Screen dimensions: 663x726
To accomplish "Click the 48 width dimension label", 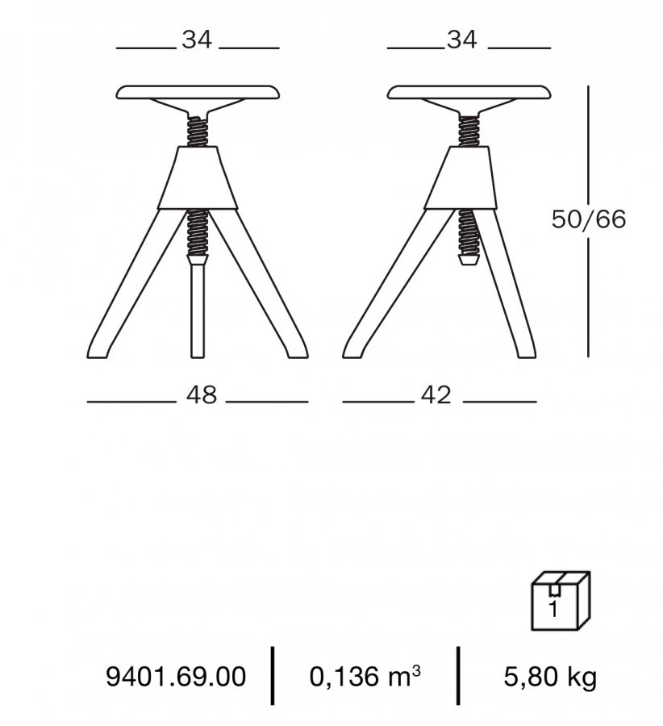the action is pos(202,396).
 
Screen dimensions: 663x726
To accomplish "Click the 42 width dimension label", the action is pos(436,396).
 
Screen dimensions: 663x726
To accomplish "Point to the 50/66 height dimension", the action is pos(589,219).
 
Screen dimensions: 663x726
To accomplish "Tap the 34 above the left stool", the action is pos(197,40).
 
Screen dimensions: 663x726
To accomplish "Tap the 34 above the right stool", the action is pos(461,40).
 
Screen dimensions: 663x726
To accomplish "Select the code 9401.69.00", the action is pos(176,677).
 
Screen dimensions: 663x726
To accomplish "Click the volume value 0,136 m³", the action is pos(365,676).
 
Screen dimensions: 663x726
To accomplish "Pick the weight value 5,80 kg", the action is pos(550,677).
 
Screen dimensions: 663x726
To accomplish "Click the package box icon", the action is pos(561,600).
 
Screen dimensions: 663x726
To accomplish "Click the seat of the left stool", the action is pos(198,92).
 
